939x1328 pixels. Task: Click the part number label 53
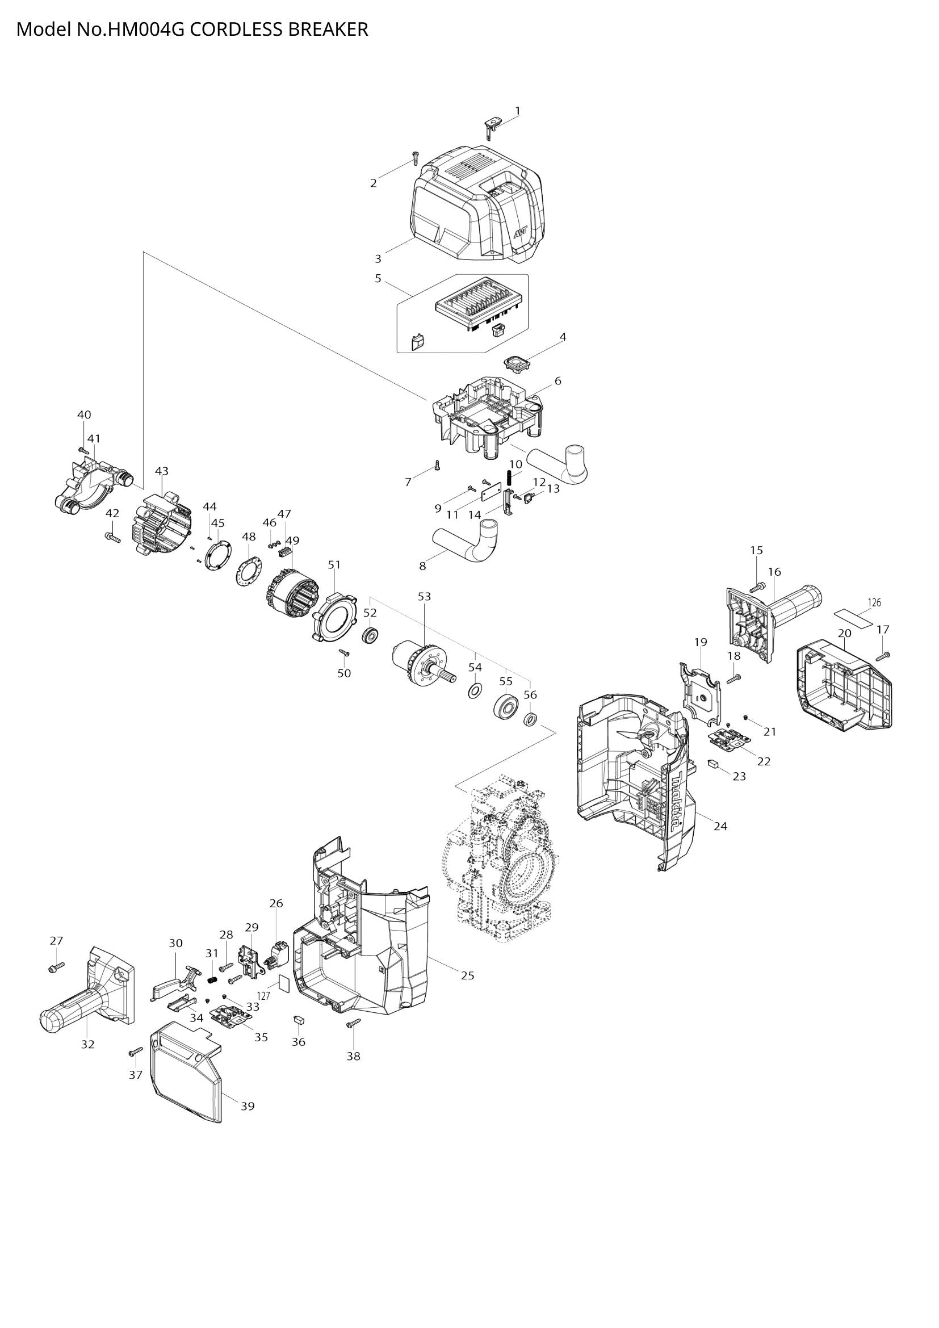(425, 596)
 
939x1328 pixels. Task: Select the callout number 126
(874, 603)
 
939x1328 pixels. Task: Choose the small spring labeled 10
(510, 477)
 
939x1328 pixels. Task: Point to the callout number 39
(248, 1106)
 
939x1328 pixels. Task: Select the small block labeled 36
(300, 1020)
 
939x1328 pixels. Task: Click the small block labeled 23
(713, 764)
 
